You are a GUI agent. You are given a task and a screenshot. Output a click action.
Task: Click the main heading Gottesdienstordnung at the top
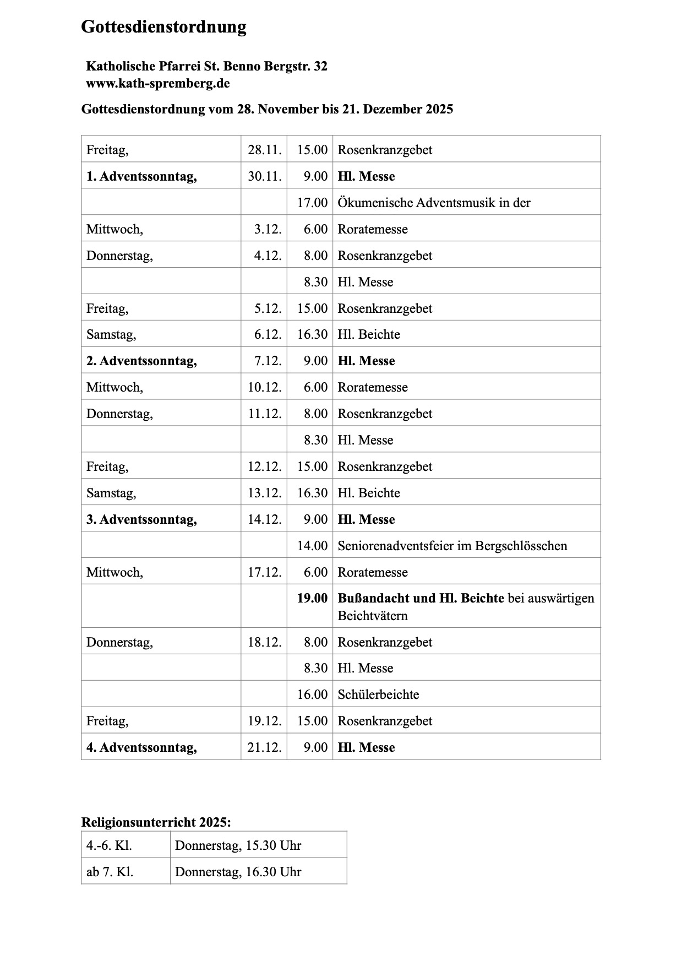point(163,26)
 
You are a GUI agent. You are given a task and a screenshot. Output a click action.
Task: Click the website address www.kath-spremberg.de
point(157,84)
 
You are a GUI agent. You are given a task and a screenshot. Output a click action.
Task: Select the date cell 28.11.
point(264,150)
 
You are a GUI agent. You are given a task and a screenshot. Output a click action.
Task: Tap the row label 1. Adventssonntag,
point(141,176)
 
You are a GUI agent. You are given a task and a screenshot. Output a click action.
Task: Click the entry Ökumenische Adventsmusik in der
point(434,203)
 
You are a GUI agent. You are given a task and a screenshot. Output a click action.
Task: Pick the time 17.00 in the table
point(312,203)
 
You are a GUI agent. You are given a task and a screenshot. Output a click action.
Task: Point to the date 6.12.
point(268,334)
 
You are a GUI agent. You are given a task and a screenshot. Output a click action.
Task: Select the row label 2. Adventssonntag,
point(141,361)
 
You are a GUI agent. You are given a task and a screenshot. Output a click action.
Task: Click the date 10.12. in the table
point(264,387)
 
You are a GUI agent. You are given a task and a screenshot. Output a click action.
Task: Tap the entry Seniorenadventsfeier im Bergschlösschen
point(452,546)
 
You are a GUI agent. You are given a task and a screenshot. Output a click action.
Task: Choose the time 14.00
point(312,546)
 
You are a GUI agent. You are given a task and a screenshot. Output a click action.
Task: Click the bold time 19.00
point(312,598)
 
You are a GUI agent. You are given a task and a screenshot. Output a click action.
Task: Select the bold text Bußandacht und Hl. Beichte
point(421,598)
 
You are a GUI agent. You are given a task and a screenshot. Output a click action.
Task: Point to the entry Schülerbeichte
point(378,694)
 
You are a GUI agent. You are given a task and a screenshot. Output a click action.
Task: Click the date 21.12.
point(264,747)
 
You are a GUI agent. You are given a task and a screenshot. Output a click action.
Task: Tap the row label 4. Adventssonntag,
point(141,747)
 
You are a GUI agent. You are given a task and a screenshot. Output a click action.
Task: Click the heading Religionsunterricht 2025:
point(156,822)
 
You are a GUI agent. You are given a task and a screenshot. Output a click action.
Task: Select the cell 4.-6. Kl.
point(109,845)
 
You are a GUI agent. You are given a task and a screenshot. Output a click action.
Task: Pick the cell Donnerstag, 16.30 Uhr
point(238,872)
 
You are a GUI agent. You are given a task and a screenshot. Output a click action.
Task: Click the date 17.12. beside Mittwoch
point(264,572)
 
